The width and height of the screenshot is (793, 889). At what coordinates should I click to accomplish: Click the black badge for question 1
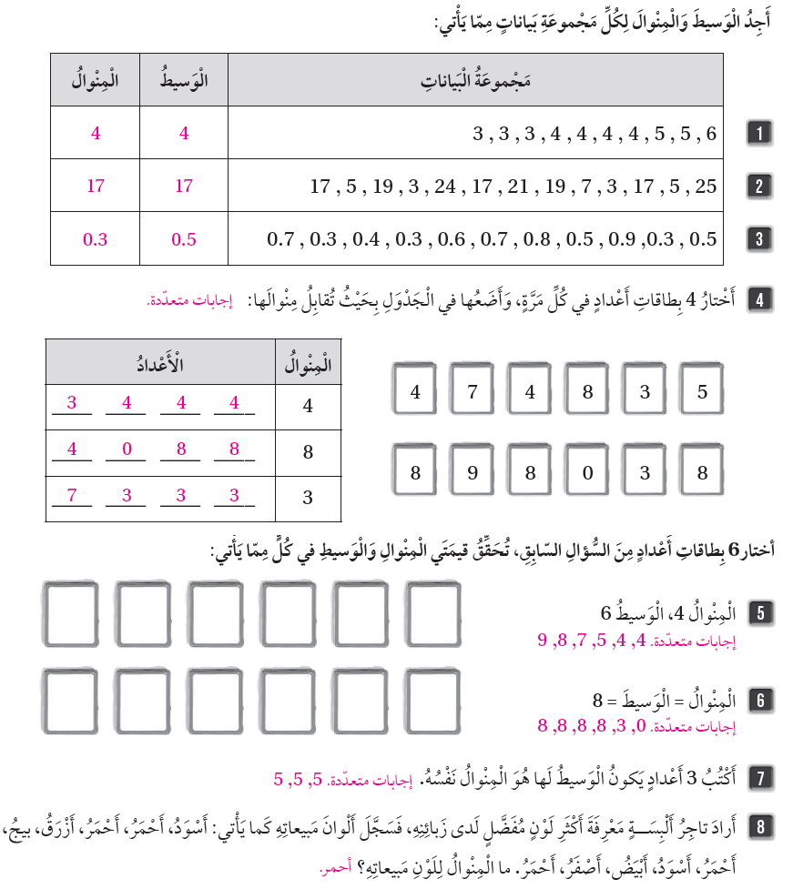point(757,134)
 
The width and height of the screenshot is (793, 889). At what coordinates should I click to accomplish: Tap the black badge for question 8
point(757,829)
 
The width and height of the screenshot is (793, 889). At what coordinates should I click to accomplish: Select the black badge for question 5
point(757,612)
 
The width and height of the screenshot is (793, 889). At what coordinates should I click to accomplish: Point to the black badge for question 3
point(757,239)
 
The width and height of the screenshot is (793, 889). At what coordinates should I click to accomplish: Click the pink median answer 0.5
point(184,239)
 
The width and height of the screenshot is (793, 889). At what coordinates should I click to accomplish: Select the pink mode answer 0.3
point(95,239)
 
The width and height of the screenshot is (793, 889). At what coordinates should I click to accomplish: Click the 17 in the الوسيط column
point(184,187)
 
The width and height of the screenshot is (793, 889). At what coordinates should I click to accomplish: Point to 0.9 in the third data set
point(620,239)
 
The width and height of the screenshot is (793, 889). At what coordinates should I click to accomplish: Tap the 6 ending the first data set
point(711,134)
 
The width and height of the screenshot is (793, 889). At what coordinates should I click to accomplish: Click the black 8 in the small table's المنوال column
point(308,450)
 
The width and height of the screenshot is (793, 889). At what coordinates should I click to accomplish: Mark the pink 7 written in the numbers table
point(72,496)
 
